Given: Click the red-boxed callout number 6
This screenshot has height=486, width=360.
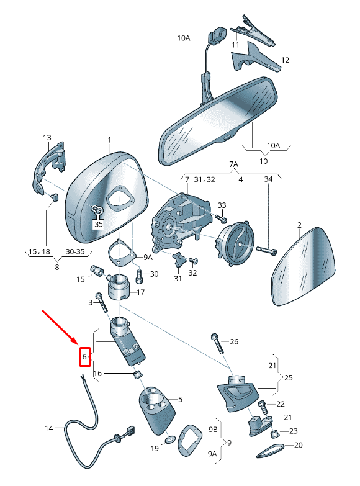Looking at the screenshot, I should [x=84, y=358].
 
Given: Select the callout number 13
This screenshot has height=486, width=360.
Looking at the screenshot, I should [x=47, y=137].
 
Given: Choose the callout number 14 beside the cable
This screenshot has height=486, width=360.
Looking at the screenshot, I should [x=49, y=428].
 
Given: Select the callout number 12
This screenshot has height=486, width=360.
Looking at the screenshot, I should [x=286, y=60].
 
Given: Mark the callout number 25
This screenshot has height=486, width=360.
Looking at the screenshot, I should [x=289, y=377].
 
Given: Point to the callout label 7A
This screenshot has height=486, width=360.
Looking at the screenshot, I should [x=233, y=164].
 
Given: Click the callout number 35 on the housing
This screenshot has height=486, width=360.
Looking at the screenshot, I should [x=98, y=224].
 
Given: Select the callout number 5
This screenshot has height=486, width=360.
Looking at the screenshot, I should [x=179, y=399].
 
